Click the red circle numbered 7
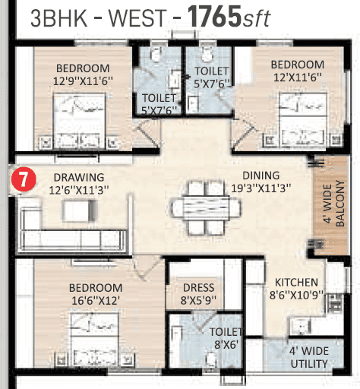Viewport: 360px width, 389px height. coord(24,179)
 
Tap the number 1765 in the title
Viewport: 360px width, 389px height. coord(214,17)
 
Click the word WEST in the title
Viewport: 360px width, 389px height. coord(137,17)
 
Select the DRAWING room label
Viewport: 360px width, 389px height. coord(79,177)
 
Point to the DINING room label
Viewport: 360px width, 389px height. coord(261,176)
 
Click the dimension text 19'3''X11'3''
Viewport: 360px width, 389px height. coord(261,188)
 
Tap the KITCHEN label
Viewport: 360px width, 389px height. coord(296,283)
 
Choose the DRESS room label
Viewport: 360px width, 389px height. coord(199,288)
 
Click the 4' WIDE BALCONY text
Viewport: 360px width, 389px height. coord(334,204)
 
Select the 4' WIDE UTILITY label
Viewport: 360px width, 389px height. coord(309,357)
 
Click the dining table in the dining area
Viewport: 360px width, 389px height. coord(206,207)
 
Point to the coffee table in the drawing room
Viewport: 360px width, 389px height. coord(80,210)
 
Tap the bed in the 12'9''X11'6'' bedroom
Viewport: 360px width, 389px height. coord(79,121)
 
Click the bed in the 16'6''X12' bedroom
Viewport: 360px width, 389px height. coord(95,338)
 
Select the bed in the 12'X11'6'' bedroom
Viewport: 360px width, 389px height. coord(303,119)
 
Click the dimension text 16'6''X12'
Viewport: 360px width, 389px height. coord(96,301)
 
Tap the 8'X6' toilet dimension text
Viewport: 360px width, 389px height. coord(226,344)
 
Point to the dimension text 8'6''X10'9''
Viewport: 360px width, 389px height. coord(296,295)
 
